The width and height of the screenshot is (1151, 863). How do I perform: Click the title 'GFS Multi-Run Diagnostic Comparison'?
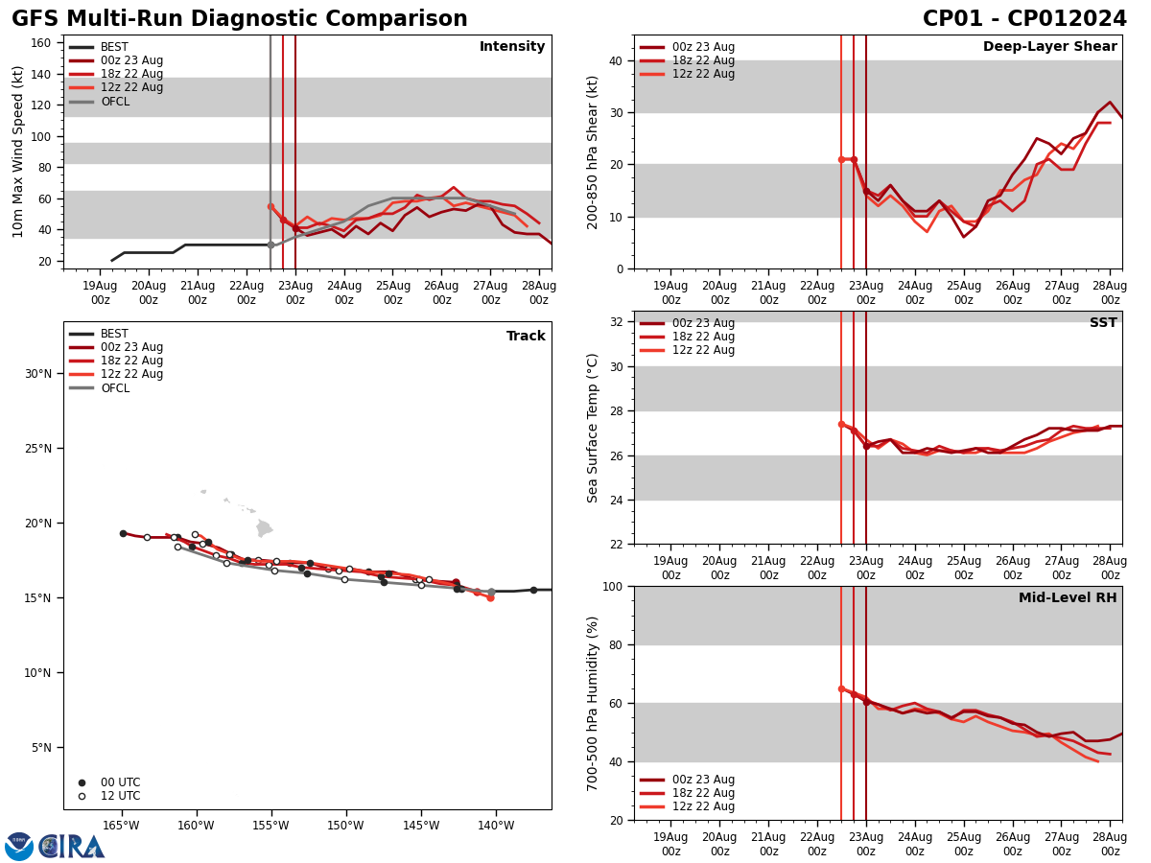240,19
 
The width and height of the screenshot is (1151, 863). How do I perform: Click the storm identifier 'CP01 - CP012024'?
1024,19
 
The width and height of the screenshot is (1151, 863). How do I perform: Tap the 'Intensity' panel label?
512,47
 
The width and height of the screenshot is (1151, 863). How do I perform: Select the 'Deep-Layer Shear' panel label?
1049,47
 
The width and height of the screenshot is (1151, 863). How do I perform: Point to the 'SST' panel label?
1103,323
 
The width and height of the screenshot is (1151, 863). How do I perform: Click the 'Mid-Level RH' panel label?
1068,598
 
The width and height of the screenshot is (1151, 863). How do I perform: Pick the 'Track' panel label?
526,337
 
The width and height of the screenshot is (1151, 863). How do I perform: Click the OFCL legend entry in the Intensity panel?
114,102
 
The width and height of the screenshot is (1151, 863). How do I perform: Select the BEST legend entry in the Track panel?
114,334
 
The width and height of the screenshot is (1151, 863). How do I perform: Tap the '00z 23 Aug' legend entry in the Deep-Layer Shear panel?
704,47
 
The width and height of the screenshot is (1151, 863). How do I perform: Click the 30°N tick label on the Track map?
37,374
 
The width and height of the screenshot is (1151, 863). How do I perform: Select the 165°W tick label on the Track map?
121,825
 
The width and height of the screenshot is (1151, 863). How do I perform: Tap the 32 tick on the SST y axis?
615,322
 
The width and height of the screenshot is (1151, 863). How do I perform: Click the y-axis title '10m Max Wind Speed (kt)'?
18,152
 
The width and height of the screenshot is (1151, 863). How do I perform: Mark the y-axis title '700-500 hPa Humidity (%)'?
593,703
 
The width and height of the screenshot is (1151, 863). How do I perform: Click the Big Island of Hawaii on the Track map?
264,528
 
